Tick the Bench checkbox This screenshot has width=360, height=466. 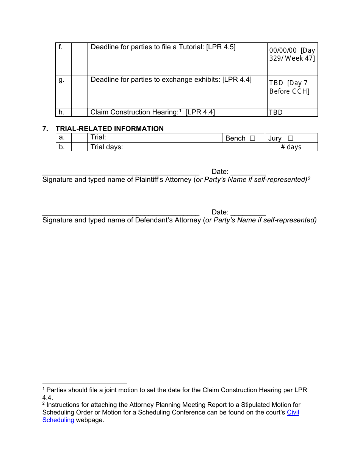pyautogui.click(x=252, y=138)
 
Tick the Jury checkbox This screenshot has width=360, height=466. pyautogui.click(x=290, y=138)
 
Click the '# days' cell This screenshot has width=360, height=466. pyautogui.click(x=291, y=147)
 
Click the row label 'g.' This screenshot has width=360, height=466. pyautogui.click(x=61, y=80)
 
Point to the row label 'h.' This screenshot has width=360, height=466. pyautogui.click(x=61, y=112)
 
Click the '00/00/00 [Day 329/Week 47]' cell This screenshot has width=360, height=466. pyautogui.click(x=292, y=54)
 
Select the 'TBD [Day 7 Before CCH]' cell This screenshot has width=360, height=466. pyautogui.click(x=290, y=87)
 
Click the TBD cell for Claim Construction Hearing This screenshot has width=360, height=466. pyautogui.click(x=276, y=113)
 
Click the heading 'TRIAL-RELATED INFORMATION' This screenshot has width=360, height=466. pyautogui.click(x=110, y=129)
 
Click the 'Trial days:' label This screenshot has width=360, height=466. pyautogui.click(x=107, y=147)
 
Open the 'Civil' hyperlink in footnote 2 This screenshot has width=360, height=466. pyautogui.click(x=293, y=412)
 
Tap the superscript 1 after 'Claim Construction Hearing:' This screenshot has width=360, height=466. pyautogui.click(x=181, y=111)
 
